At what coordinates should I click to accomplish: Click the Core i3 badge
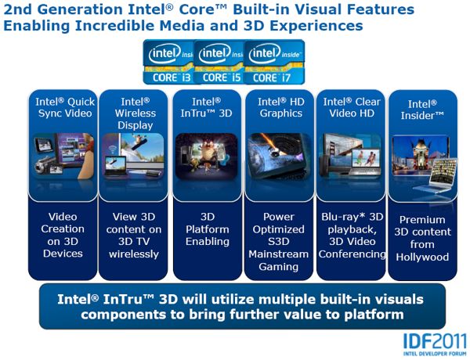tap(168, 62)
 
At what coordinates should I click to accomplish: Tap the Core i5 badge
tap(219, 62)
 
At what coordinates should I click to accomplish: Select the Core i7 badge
tap(274, 62)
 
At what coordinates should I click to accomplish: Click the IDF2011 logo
tap(436, 344)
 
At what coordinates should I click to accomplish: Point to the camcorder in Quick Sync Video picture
tap(45, 165)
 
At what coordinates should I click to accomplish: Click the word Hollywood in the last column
tap(422, 257)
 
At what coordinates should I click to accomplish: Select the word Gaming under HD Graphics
tap(278, 267)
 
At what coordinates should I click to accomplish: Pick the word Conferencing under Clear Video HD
tap(352, 254)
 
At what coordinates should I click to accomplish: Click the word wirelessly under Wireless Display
tap(134, 254)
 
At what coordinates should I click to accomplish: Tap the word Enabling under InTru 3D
tap(208, 241)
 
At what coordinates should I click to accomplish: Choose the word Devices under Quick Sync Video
tap(63, 254)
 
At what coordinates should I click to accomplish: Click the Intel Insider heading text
tap(422, 110)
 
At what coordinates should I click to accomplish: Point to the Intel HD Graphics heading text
tap(281, 107)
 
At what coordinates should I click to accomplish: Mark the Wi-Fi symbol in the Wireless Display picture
tap(113, 149)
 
